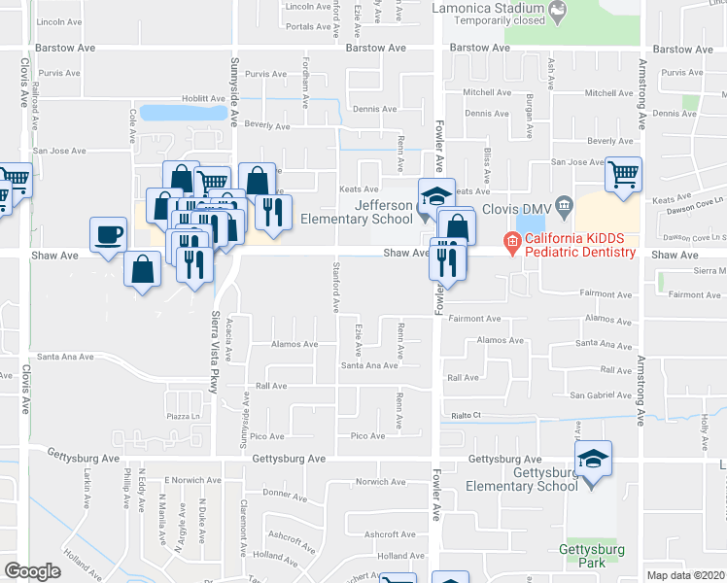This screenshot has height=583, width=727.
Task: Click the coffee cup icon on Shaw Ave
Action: [108, 234]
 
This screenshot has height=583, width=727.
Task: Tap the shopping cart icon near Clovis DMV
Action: [623, 175]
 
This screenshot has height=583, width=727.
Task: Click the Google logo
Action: [32, 571]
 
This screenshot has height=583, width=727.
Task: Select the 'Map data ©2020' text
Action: [686, 575]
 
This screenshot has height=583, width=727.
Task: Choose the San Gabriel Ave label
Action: [600, 394]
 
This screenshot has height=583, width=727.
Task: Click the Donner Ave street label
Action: [285, 494]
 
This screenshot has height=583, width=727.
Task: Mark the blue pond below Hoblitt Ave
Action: [182, 113]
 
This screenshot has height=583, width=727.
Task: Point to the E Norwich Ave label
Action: [192, 480]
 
